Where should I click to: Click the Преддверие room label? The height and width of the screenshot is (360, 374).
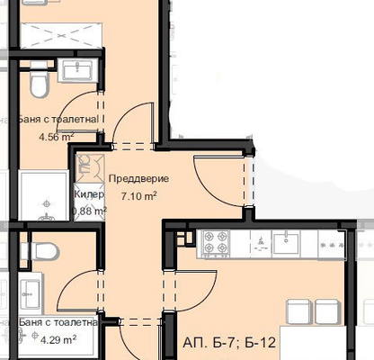[x=138, y=179]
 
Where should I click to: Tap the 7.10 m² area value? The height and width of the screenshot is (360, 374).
[x=138, y=196]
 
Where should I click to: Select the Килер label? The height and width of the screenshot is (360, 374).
[x=89, y=194]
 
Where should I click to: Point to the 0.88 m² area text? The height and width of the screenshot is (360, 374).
[x=89, y=211]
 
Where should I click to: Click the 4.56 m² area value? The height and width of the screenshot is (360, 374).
[x=57, y=137]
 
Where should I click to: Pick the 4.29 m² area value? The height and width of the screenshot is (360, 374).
[x=58, y=340]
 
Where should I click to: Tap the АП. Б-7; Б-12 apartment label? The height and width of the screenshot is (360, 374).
[x=229, y=343]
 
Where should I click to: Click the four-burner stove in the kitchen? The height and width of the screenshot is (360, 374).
[x=216, y=244]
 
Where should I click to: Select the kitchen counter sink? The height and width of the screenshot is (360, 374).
[x=286, y=244]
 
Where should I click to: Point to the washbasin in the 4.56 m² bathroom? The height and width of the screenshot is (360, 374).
[x=78, y=70]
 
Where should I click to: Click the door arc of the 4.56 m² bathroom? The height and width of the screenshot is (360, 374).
[x=69, y=103]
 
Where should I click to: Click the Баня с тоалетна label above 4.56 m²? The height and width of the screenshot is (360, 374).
[x=58, y=120]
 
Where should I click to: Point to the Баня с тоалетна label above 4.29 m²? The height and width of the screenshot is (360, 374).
[x=58, y=323]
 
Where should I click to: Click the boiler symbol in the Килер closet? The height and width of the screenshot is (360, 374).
[x=85, y=165]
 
